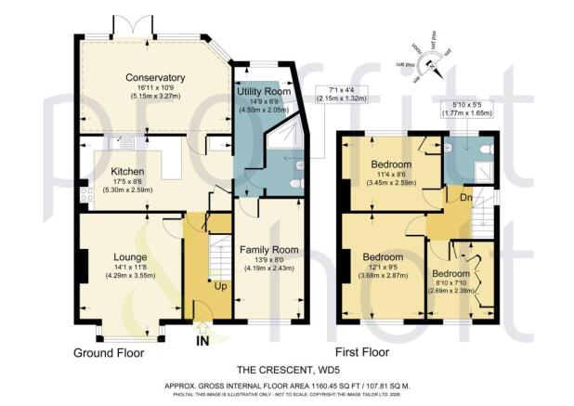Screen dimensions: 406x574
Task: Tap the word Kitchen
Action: [128, 172]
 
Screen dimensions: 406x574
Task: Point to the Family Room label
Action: [268, 250]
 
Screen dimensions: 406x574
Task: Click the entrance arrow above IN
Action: [202, 327]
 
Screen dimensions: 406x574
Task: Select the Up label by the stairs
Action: [219, 287]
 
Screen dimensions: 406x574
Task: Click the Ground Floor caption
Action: [113, 354]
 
